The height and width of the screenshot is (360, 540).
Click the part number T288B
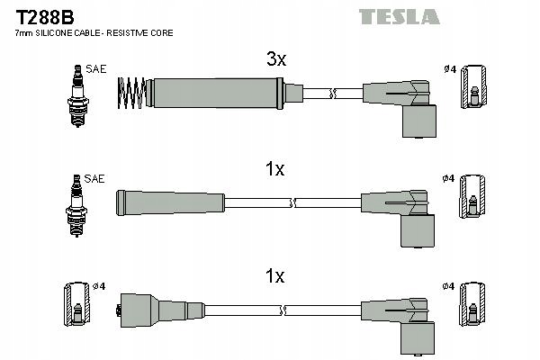45,17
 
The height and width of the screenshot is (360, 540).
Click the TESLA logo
399,17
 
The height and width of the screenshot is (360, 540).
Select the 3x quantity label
276,58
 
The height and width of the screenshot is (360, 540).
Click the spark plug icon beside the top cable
78,95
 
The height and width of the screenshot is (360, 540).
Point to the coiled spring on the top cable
131,93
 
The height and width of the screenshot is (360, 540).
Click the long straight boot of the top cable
214,94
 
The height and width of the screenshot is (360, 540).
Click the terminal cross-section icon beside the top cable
474,86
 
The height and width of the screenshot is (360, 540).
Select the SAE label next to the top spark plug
96,69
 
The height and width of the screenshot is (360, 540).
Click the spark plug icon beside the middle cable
76,206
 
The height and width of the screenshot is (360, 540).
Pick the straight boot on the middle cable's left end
170,203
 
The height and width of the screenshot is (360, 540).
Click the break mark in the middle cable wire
292,202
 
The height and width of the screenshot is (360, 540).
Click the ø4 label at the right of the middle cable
448,178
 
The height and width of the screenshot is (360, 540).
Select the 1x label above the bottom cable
274,276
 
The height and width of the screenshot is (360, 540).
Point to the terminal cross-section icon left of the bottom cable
77,304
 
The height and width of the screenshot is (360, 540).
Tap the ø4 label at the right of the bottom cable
448,286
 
